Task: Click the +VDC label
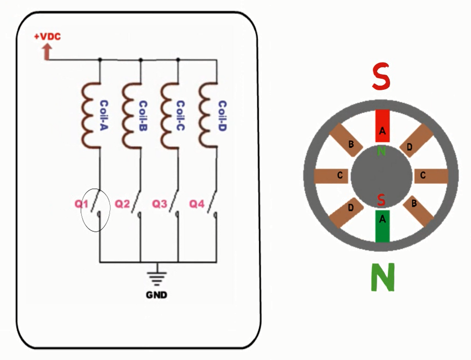tap(47, 36)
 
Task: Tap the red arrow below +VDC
tap(46, 53)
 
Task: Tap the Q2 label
tap(122, 204)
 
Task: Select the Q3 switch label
tap(159, 204)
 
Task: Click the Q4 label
tap(197, 204)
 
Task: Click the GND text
tap(157, 295)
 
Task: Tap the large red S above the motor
tap(381, 77)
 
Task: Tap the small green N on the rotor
tap(381, 151)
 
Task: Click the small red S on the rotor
tap(381, 200)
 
